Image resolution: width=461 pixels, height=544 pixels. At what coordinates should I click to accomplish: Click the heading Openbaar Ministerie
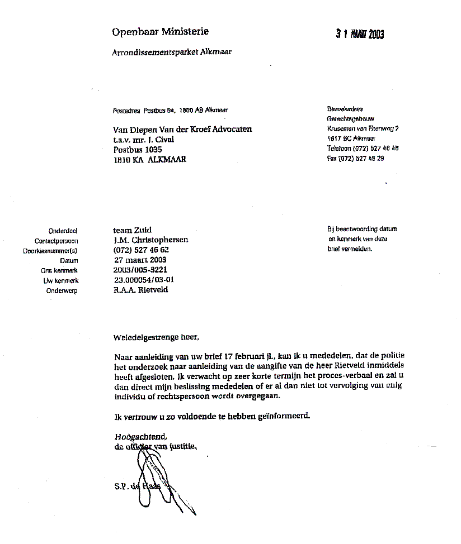tap(160, 32)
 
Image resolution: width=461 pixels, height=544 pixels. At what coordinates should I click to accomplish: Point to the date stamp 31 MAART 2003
tap(360, 35)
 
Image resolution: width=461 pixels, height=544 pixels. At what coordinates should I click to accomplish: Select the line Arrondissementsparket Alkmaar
tap(172, 52)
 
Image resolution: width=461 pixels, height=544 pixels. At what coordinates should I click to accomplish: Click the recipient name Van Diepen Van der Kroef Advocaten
tap(182, 129)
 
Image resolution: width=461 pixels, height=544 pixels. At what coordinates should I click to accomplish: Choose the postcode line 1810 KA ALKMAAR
tap(149, 160)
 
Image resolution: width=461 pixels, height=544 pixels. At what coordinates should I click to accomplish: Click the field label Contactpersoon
tap(56, 241)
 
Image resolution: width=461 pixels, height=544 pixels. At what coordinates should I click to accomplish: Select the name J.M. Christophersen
tap(150, 240)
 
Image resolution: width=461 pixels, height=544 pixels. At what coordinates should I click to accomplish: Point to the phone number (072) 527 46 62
tap(141, 250)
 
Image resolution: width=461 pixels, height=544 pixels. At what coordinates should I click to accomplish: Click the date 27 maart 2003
tap(139, 260)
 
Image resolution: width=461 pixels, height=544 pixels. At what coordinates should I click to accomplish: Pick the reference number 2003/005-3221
tap(140, 270)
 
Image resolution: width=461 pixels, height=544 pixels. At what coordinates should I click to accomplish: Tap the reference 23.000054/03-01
tap(144, 280)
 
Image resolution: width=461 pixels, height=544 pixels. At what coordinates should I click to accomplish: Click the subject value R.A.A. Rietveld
tap(140, 290)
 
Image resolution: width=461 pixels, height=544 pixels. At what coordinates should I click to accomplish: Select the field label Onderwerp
tap(62, 290)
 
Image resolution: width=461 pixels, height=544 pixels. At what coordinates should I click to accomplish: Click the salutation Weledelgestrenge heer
tap(156, 337)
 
